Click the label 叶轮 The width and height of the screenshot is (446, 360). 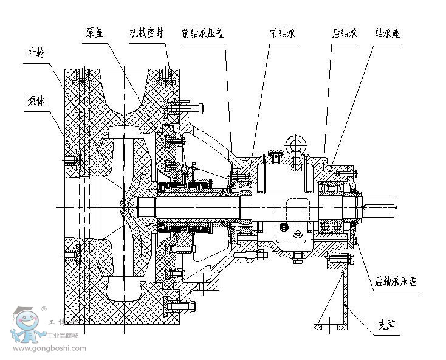(36, 53)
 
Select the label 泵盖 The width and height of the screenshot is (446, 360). (94, 33)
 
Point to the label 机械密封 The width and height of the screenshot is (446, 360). (146, 33)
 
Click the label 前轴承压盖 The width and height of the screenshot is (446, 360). (203, 33)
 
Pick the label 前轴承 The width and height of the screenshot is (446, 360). (283, 33)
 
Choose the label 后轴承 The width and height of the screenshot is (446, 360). (344, 33)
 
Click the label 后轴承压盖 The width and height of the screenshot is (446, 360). (396, 282)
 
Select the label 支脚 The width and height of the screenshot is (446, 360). (386, 325)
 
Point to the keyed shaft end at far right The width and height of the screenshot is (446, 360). (380, 207)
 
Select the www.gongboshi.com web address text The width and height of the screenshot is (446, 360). (49, 348)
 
